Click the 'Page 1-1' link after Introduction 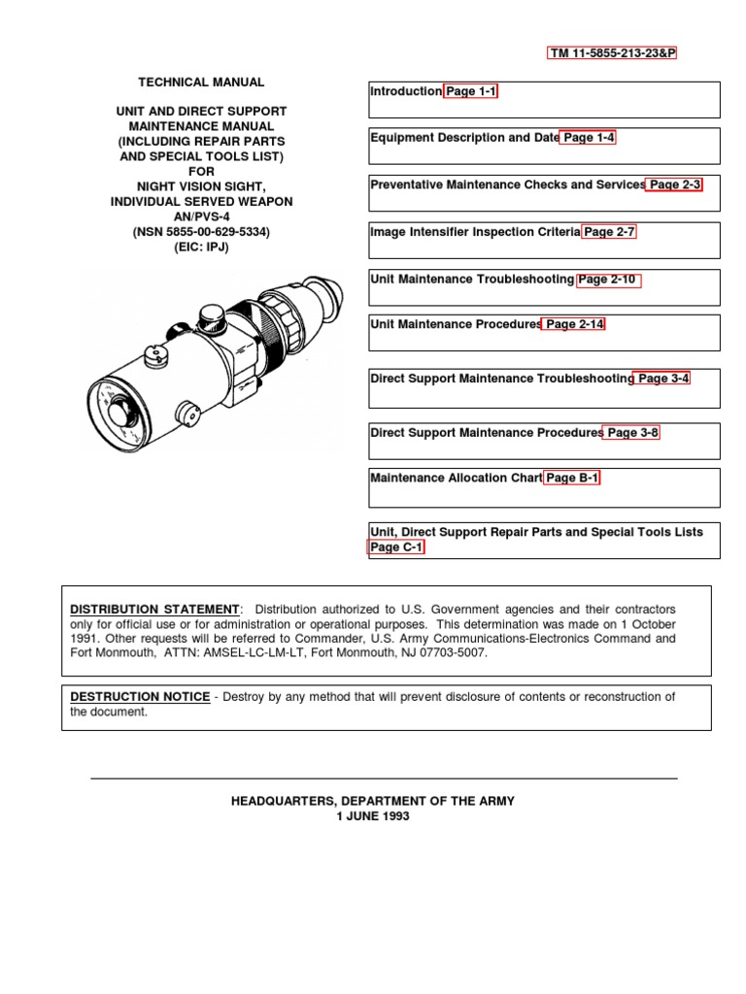point(471,91)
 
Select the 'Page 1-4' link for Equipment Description point(589,138)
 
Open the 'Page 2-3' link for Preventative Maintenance point(674,184)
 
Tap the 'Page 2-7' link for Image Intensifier point(609,232)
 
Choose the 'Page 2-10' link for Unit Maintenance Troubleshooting point(609,280)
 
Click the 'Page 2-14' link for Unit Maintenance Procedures point(573,324)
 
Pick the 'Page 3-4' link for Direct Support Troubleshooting point(662,379)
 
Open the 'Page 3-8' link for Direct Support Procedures point(632,433)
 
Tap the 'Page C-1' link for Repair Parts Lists point(396,547)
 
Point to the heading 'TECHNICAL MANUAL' point(201,83)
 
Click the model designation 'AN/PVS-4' point(201,216)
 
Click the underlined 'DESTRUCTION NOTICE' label point(140,697)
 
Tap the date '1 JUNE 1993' point(373,816)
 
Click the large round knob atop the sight point(210,316)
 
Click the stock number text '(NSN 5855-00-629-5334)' point(201,232)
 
